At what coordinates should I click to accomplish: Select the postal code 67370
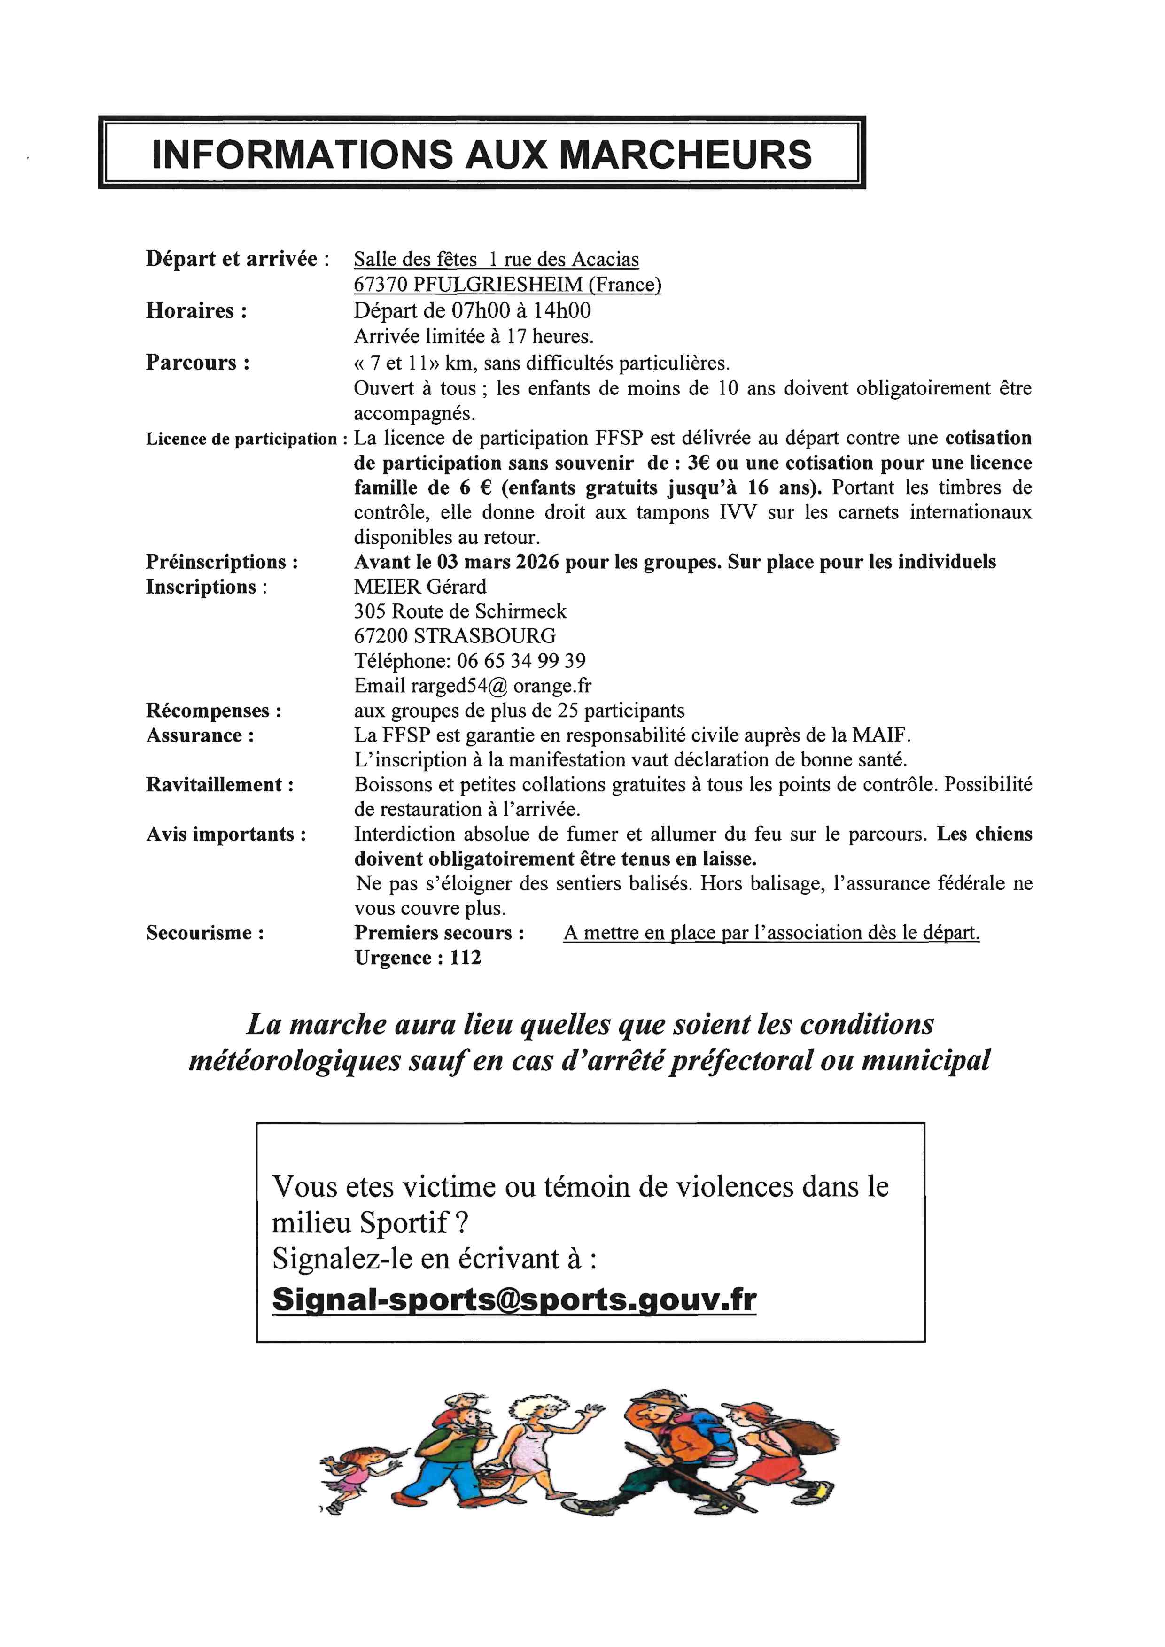[x=380, y=285]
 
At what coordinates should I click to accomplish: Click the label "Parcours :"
[x=198, y=362]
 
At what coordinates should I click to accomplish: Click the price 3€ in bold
[x=699, y=463]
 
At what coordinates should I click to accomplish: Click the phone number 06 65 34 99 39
[x=521, y=661]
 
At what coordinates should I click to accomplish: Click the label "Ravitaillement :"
[x=219, y=785]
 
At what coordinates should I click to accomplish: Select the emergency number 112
[x=466, y=958]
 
